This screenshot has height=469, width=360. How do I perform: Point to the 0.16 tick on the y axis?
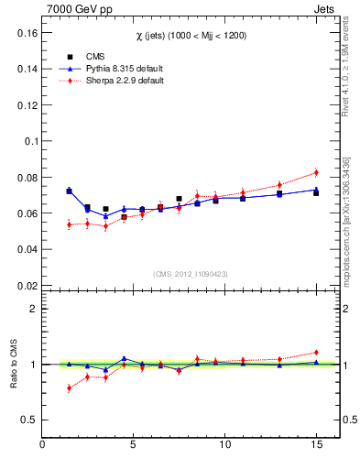25,33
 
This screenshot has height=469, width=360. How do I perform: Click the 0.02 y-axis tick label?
25,285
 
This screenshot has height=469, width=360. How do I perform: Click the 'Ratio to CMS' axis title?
14,364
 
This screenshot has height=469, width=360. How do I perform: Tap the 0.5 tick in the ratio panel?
29,420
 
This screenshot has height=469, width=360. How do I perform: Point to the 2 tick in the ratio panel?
33,309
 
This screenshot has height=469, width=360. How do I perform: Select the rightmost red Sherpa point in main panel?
316,172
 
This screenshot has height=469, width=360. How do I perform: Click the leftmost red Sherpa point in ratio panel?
69,387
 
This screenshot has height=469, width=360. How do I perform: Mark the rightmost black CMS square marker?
316,193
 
